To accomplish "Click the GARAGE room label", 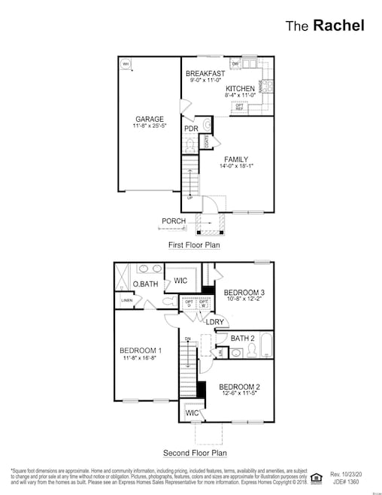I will pyautogui.click(x=150, y=119).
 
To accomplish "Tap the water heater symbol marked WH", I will pyautogui.click(x=126, y=64).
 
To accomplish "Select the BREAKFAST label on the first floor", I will pyautogui.click(x=205, y=73).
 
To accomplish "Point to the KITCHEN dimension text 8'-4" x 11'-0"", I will pyautogui.click(x=240, y=96).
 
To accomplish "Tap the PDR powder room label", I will pyautogui.click(x=191, y=129).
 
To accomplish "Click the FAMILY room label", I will pyautogui.click(x=235, y=159).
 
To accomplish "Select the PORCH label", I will pyautogui.click(x=174, y=221).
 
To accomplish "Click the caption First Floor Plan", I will pyautogui.click(x=195, y=246).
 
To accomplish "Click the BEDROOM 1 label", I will pyautogui.click(x=141, y=351).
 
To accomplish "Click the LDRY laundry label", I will pyautogui.click(x=216, y=322).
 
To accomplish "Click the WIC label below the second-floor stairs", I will pyautogui.click(x=193, y=413).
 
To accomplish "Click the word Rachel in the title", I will pyautogui.click(x=339, y=25).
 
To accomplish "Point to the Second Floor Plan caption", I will pyautogui.click(x=195, y=454).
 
